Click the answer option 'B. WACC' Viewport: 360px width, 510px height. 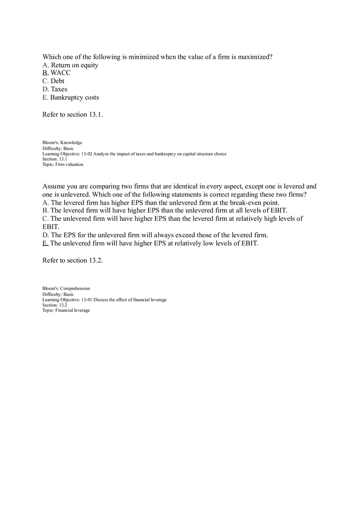[56, 73]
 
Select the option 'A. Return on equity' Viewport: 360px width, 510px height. [70, 65]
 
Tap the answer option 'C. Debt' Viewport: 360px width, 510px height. [53, 81]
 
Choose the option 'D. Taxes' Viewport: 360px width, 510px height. [55, 89]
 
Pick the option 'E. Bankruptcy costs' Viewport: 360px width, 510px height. [70, 97]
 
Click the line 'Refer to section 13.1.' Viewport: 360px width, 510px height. [72, 115]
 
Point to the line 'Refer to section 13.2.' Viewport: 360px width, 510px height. [72, 261]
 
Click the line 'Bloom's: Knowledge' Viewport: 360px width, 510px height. [62, 143]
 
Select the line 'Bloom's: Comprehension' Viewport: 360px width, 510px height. [66, 289]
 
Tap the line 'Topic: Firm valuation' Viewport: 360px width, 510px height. [63, 164]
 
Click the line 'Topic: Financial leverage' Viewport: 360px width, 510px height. [66, 310]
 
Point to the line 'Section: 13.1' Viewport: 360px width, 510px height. [54, 159]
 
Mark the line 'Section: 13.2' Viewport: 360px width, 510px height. [54, 305]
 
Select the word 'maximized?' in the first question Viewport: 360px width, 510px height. [255, 57]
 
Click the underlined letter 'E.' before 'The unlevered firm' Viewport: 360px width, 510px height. [45, 243]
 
